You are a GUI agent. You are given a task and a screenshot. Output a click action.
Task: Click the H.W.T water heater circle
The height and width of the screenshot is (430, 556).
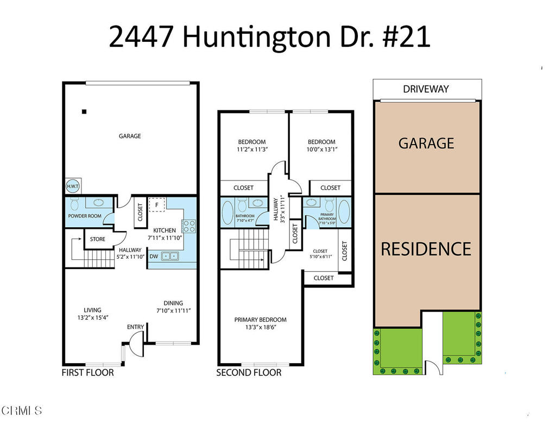(x=72, y=186)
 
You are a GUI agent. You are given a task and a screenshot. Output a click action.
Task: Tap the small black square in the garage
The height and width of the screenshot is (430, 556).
(x=84, y=112)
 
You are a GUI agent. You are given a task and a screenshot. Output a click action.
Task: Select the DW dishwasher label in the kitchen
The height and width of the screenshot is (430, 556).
(x=154, y=256)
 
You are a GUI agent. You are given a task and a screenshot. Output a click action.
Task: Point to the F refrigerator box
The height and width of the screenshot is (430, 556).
(x=157, y=205)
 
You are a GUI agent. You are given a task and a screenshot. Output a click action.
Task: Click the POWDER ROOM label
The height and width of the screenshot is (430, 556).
(x=85, y=216)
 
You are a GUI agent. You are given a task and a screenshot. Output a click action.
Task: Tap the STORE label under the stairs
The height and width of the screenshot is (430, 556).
(x=98, y=239)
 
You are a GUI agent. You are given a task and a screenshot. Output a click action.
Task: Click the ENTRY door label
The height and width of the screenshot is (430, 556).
(x=135, y=327)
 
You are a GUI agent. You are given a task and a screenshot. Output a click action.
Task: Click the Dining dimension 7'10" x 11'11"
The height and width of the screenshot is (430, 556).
(x=173, y=311)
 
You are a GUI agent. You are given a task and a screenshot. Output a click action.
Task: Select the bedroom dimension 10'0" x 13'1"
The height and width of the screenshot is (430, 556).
(x=321, y=149)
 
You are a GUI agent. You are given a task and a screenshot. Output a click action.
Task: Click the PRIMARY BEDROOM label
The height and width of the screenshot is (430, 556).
(x=260, y=320)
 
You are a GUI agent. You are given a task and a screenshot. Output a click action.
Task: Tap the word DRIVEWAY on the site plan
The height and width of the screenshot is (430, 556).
(x=426, y=89)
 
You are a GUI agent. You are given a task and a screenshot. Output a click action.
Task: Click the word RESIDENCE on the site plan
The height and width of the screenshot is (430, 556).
(x=426, y=249)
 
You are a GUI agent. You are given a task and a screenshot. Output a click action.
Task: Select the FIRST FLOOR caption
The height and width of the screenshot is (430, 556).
(x=87, y=372)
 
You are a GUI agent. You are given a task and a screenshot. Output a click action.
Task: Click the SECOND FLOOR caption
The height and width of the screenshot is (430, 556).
(x=249, y=372)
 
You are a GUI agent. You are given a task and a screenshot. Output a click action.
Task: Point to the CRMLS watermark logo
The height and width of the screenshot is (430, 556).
(x=22, y=410)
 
